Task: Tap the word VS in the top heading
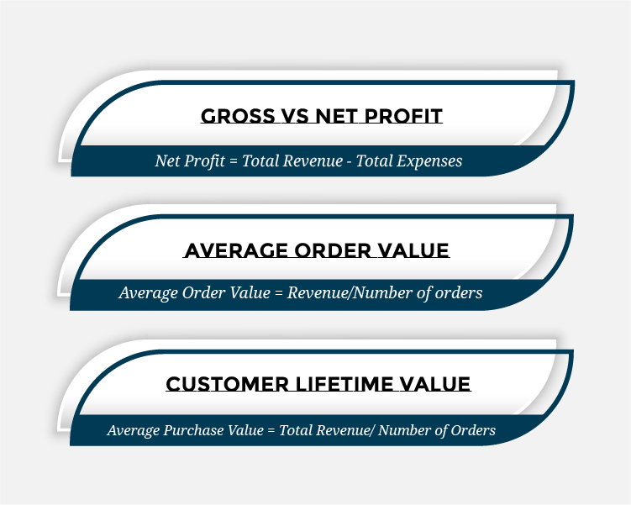(295, 116)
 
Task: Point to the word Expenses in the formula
(429, 161)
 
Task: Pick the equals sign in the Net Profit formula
(234, 162)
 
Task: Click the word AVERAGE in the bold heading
(236, 250)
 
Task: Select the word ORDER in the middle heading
(332, 250)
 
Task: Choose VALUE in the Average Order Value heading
(413, 250)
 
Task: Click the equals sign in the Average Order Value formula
(278, 293)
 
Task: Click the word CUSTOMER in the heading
(228, 384)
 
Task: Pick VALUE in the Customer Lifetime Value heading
(435, 384)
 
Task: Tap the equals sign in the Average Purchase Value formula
(271, 431)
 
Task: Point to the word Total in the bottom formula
(296, 430)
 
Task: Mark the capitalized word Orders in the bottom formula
(473, 430)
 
